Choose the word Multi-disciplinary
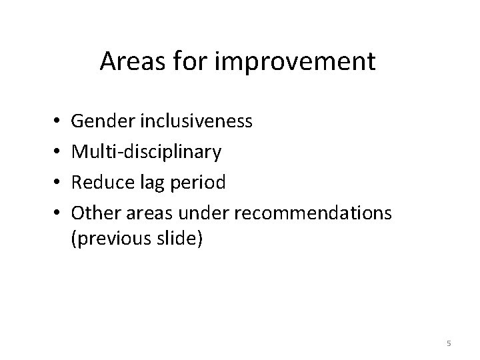pos(147,151)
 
